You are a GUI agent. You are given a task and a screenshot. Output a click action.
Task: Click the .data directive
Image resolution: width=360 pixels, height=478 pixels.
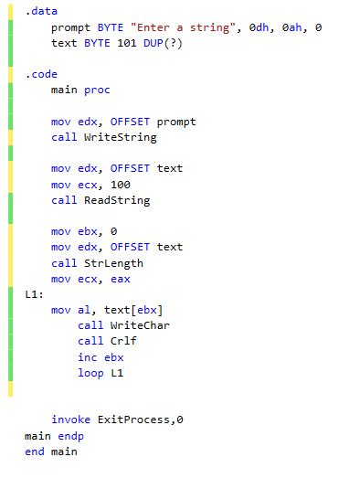pos(41,11)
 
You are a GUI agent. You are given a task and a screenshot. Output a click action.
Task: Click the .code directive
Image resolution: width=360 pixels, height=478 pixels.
pos(41,74)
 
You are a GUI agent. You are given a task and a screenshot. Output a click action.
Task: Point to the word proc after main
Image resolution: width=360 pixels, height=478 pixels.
pos(97,90)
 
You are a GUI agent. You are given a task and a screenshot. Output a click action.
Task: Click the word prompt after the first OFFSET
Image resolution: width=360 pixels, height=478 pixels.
pos(176,122)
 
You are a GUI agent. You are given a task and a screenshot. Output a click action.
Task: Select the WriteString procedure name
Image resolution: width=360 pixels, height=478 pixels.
pos(120,137)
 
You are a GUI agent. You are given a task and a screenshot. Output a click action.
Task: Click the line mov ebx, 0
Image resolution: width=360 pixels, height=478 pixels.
pos(84,231)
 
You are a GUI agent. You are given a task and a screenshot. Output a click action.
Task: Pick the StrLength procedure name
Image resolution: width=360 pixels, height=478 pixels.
pos(113,263)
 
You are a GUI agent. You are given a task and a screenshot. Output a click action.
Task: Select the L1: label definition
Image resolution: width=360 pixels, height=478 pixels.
pos(35,294)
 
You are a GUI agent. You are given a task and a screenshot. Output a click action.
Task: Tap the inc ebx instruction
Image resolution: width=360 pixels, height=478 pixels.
pos(101,357)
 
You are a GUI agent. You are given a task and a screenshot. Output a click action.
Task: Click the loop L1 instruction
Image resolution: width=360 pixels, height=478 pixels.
pos(101,373)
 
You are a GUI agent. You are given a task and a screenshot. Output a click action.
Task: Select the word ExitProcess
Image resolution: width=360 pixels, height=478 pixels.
pos(133,420)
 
